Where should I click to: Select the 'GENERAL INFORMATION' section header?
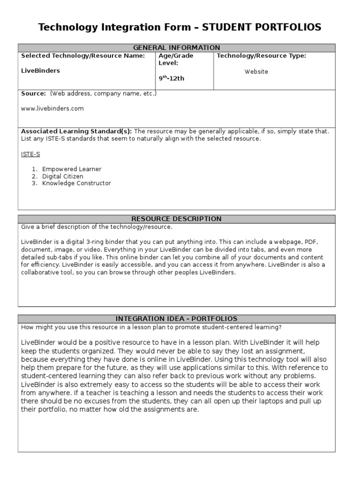click(177, 48)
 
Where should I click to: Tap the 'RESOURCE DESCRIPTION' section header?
click(177, 219)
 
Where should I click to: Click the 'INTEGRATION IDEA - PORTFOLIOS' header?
click(177, 319)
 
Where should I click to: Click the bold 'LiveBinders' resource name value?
click(41, 71)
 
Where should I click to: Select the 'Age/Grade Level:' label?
click(176, 59)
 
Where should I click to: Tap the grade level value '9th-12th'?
click(171, 78)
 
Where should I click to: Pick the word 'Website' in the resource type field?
click(256, 72)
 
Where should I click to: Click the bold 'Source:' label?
click(33, 93)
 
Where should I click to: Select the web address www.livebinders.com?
click(52, 108)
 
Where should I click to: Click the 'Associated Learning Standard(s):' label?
click(76, 131)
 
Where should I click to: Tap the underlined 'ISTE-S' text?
click(30, 154)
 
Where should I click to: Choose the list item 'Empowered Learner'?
click(72, 169)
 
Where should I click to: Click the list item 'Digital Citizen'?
click(63, 176)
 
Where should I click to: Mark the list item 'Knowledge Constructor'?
click(76, 183)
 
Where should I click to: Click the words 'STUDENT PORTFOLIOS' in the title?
click(262, 28)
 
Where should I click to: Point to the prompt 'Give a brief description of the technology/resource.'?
click(97, 227)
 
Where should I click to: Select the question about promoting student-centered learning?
click(151, 327)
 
